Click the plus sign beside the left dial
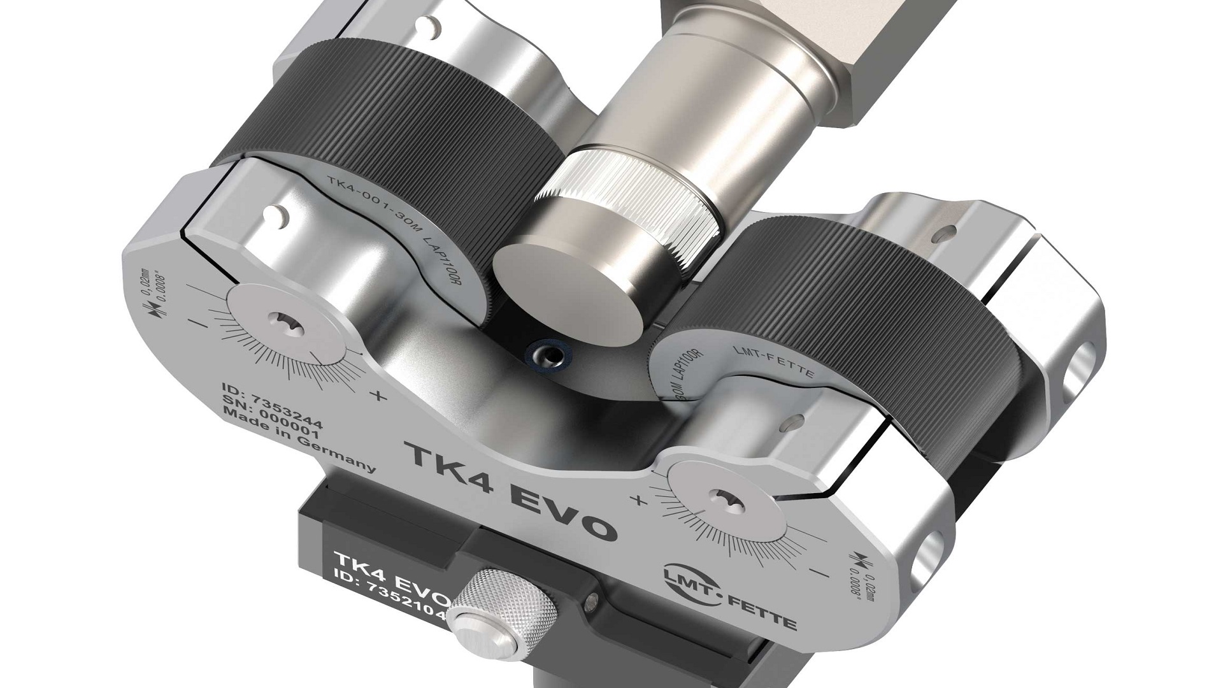pos(377,396)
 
